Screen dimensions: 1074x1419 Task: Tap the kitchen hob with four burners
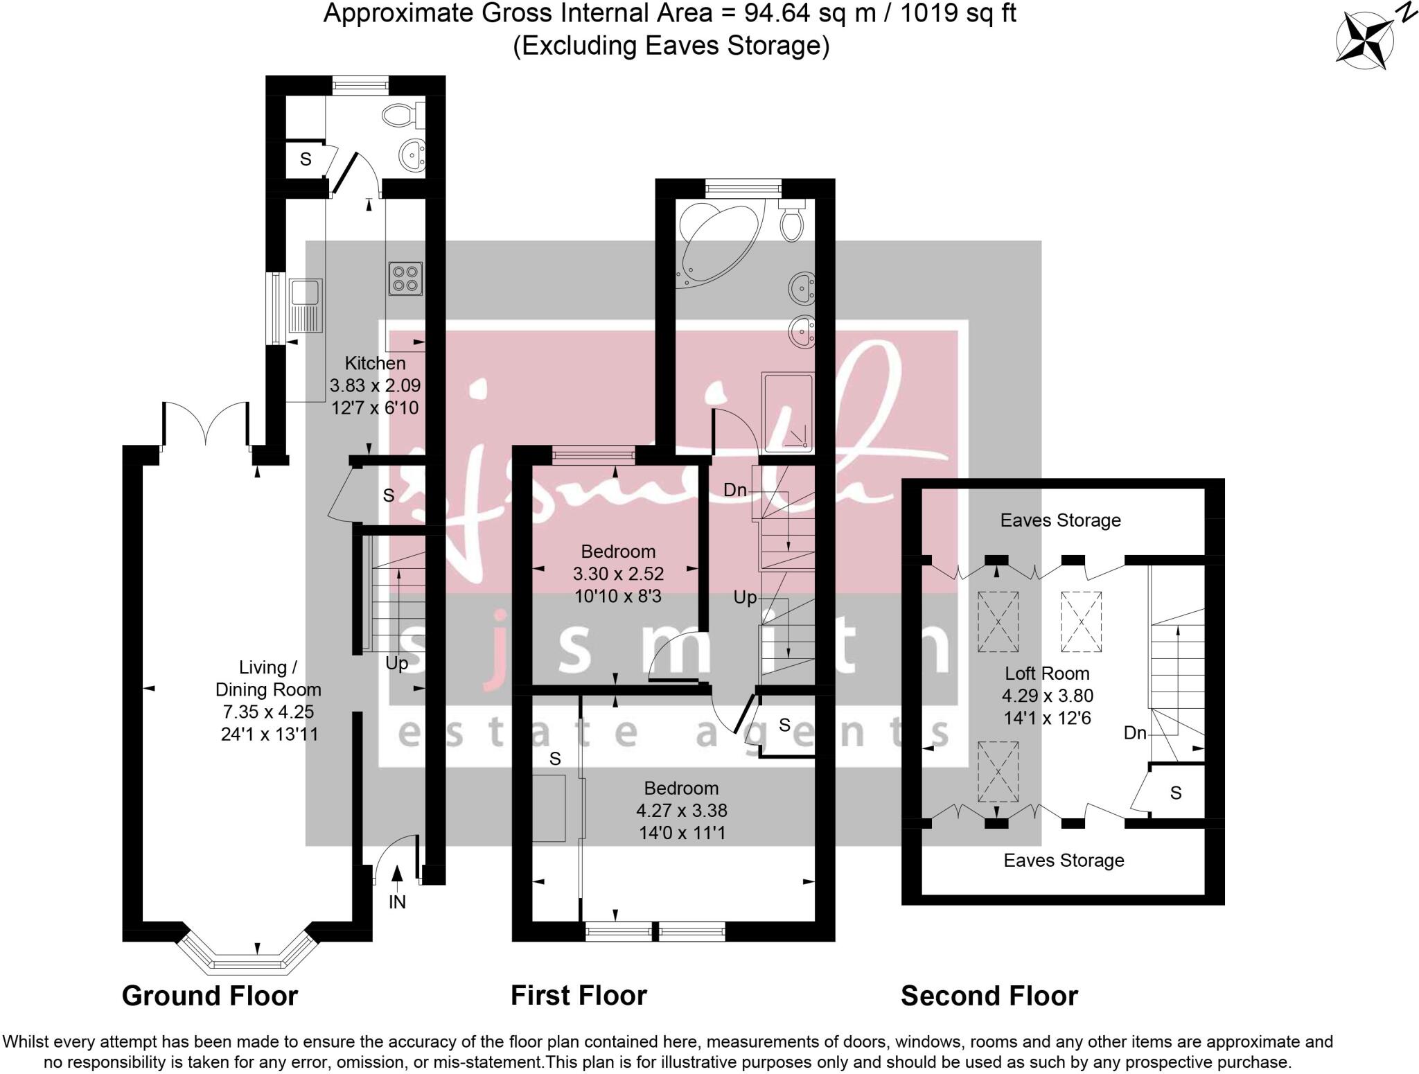point(406,279)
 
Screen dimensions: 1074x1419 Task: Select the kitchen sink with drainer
point(305,306)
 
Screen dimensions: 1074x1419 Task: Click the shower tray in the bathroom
point(787,413)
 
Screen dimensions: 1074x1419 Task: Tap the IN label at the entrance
point(397,901)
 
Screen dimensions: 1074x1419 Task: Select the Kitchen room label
point(375,363)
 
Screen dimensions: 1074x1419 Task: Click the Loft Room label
point(1046,674)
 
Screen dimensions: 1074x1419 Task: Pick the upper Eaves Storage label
point(1060,520)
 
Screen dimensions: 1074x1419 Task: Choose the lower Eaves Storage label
point(1064,861)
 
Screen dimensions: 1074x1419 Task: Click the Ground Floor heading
point(209,996)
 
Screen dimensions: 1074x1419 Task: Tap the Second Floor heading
point(989,996)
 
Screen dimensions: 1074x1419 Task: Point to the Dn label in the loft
point(1135,733)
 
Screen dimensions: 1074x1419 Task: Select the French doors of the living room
point(205,423)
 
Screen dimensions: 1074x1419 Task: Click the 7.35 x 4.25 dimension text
point(268,712)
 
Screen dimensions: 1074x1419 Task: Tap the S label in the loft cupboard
point(1175,793)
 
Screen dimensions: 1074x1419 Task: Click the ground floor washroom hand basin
point(413,154)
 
